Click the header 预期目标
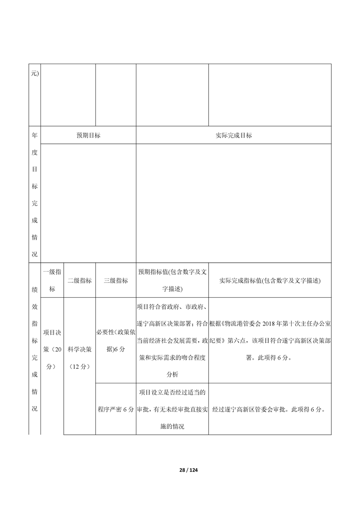click(88, 135)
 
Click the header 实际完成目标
click(233, 135)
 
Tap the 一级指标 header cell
click(52, 280)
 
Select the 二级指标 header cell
click(79, 280)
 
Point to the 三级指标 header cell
click(116, 280)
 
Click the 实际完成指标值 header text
click(270, 280)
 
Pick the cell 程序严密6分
click(116, 409)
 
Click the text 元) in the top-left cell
click(35, 73)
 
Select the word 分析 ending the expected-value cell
click(172, 375)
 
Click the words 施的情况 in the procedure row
click(172, 427)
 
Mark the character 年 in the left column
click(35, 135)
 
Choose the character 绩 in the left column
click(35, 289)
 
